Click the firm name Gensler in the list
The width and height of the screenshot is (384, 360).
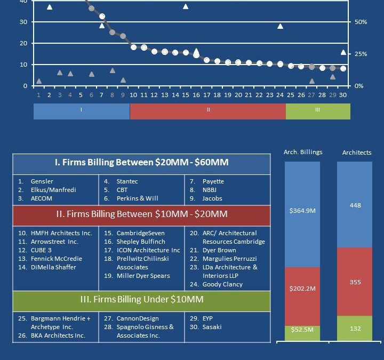tap(42, 181)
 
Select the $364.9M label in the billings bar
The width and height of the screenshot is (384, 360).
tap(302, 211)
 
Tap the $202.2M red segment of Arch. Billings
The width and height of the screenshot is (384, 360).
tap(302, 289)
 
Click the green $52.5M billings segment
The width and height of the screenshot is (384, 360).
tap(302, 330)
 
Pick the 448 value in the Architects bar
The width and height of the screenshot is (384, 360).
tap(355, 205)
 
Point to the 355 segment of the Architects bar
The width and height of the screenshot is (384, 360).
tap(355, 282)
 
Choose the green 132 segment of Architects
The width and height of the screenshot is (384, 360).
tap(355, 329)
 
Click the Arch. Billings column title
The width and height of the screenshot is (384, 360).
tap(303, 152)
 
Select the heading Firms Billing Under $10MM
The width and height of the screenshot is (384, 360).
tap(141, 300)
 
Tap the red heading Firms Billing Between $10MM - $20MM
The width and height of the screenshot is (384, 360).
tap(141, 214)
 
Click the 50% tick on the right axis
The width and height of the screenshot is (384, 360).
tap(361, 22)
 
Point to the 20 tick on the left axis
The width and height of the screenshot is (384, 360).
tap(23, 43)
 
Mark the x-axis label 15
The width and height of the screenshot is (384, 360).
tap(186, 95)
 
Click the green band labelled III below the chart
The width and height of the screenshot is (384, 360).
tap(318, 110)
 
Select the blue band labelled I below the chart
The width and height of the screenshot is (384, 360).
tap(81, 110)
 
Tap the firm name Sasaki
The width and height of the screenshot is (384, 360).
tap(212, 327)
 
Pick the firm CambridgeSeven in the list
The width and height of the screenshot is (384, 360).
tap(140, 233)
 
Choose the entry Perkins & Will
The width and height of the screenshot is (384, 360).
tap(137, 198)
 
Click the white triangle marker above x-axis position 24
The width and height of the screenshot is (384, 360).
tap(280, 26)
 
